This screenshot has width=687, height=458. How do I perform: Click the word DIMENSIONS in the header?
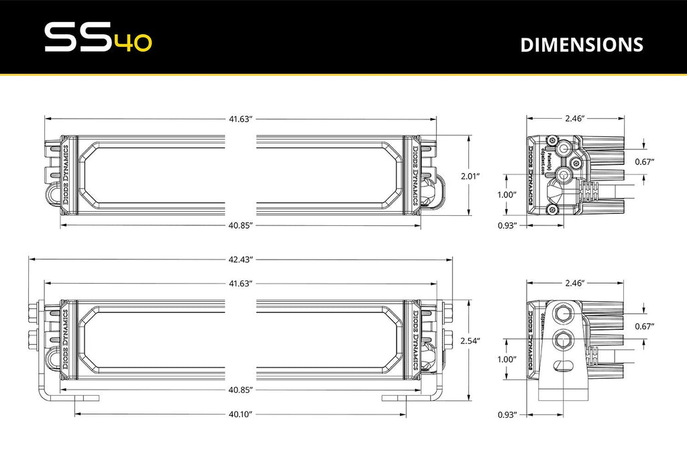point(581,44)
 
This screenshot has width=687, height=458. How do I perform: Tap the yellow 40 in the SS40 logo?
point(134,42)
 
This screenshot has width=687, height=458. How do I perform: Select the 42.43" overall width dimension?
point(240,260)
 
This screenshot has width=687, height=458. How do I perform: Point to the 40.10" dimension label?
point(240,415)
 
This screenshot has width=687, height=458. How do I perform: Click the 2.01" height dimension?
point(470,176)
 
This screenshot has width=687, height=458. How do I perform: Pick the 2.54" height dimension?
point(470,341)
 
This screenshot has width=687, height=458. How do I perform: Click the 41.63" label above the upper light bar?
point(240,119)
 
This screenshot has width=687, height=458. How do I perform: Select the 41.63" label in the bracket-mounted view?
point(240,284)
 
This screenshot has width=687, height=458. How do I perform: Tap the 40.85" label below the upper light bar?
point(240,225)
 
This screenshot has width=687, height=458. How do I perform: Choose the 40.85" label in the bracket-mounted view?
point(240,390)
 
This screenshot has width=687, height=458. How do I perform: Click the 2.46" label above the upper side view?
point(575,119)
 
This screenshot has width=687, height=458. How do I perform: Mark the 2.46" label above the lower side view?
point(575,284)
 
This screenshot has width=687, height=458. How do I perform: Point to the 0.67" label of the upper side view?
point(643,162)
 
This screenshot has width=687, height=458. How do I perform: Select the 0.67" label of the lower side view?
point(643,326)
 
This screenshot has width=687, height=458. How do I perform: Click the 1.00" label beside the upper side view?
point(507,194)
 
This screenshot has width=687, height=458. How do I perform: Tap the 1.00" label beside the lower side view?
point(507,359)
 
